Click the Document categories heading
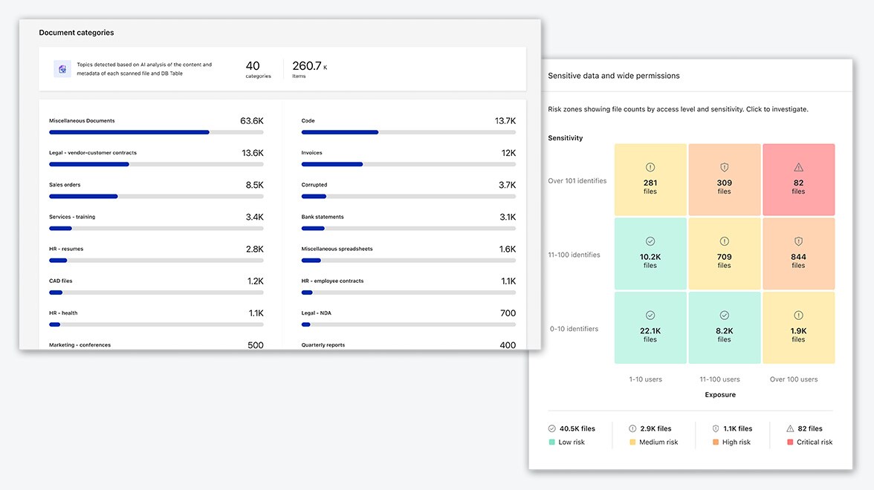[x=77, y=33]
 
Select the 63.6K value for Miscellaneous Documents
[x=251, y=121]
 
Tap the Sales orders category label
[x=65, y=185]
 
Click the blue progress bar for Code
[x=340, y=132]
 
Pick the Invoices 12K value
[x=508, y=153]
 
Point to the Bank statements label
[x=323, y=217]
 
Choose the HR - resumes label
[x=66, y=249]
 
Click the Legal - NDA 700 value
[x=508, y=313]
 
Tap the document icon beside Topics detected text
[x=62, y=69]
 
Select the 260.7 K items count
[x=308, y=67]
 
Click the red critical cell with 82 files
[x=798, y=180]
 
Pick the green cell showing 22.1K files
[x=650, y=327]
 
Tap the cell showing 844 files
[x=798, y=253]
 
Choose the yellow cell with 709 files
[x=725, y=253]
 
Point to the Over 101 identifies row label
[x=577, y=180]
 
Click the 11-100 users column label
[x=719, y=379]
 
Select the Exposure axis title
[x=720, y=395]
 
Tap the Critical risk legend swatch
[x=790, y=442]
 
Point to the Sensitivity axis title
[x=566, y=138]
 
